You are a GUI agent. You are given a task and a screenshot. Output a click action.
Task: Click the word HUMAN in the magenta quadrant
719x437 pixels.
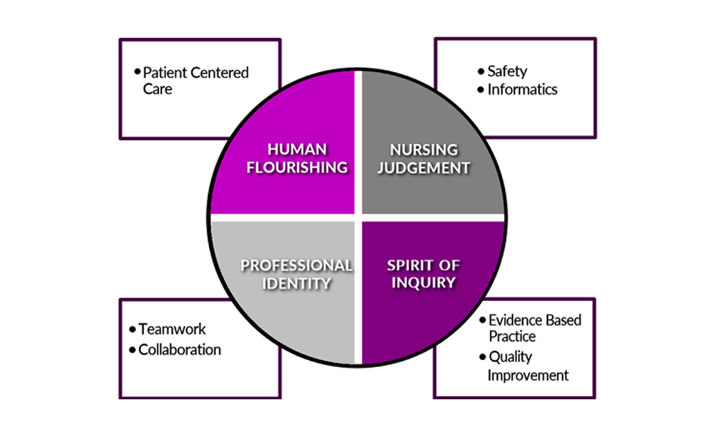point(297,149)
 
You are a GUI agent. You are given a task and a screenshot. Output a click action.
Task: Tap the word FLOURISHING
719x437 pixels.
point(297,167)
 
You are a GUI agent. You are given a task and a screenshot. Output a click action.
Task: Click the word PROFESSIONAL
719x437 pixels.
point(297,265)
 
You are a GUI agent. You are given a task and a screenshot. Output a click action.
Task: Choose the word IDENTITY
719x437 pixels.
point(297,283)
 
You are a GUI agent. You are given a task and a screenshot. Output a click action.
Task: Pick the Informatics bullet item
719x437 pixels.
point(522,89)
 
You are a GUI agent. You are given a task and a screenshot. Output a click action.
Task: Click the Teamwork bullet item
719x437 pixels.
point(172,329)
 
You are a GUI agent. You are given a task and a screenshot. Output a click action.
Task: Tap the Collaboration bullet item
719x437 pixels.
point(179,350)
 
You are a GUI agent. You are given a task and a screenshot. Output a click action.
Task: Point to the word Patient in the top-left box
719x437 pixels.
point(164,72)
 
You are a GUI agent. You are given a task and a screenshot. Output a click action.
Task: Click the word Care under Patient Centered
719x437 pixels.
point(157,89)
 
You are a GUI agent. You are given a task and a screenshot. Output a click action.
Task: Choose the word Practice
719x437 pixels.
point(512,336)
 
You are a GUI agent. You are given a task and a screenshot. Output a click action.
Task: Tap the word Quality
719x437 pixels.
point(510,357)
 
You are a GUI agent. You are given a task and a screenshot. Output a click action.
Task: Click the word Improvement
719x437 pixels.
point(528,375)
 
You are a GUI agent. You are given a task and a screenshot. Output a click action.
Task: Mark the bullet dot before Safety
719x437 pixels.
point(480,71)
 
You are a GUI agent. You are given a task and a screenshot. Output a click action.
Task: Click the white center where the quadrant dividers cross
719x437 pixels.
point(358,217)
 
